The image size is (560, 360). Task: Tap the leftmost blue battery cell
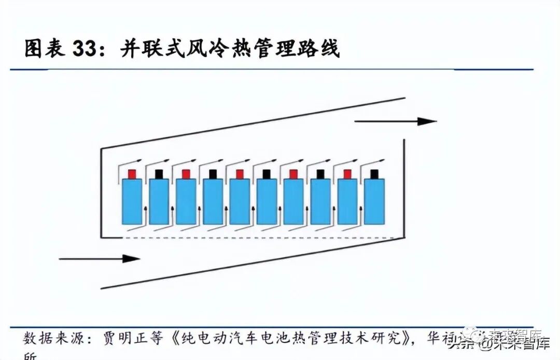(132, 201)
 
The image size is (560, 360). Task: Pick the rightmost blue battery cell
(374, 201)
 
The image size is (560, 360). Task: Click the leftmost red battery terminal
(132, 174)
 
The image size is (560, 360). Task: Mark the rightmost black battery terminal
(374, 174)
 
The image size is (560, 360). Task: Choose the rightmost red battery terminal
(347, 174)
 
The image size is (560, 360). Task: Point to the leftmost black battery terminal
(159, 174)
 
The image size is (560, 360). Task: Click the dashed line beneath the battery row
(259, 238)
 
